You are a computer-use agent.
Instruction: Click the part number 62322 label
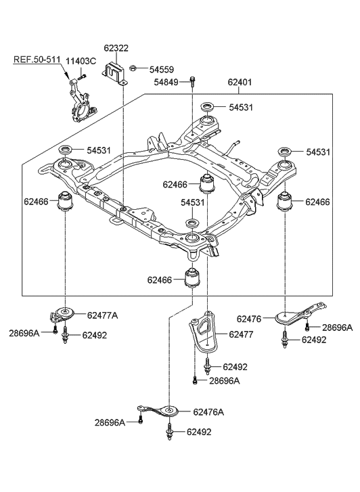[x=116, y=48]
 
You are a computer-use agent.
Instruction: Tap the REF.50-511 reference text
[x=37, y=59]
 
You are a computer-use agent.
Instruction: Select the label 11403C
[x=81, y=61]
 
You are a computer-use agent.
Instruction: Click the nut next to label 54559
[x=133, y=68]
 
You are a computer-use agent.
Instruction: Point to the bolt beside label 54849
[x=192, y=82]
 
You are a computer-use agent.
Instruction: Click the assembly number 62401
[x=240, y=82]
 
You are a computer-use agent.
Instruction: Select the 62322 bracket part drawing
[x=115, y=74]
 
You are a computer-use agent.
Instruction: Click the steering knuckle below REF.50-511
[x=81, y=102]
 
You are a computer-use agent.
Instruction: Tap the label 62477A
[x=102, y=315]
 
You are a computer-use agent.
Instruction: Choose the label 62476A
[x=208, y=412]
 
